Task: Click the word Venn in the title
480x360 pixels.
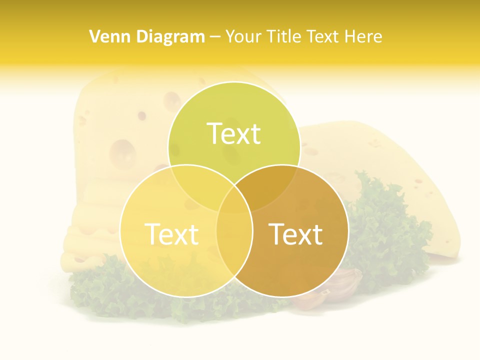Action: pos(105,36)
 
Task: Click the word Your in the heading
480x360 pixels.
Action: pos(243,36)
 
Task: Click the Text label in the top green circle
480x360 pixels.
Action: pos(234,133)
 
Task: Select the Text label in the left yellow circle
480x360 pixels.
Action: pos(171,234)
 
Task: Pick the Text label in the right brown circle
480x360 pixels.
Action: pos(296,234)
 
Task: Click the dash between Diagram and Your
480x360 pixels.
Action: pos(215,37)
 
